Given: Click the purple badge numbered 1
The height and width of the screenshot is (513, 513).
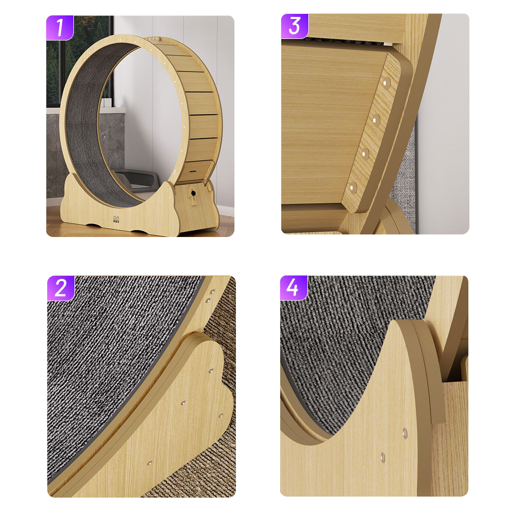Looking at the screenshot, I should tap(60, 27).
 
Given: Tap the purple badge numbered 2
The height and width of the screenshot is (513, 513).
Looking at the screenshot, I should tap(61, 288).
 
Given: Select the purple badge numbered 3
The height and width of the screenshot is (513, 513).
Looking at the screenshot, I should tap(294, 26).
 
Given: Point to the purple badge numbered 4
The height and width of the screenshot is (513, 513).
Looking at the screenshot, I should tap(293, 288).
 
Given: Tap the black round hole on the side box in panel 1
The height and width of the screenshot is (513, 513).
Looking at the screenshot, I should tap(194, 193).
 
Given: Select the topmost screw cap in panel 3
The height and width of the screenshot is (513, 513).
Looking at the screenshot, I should tap(386, 82).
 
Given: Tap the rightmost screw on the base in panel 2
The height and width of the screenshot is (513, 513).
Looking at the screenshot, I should tap(221, 416).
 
